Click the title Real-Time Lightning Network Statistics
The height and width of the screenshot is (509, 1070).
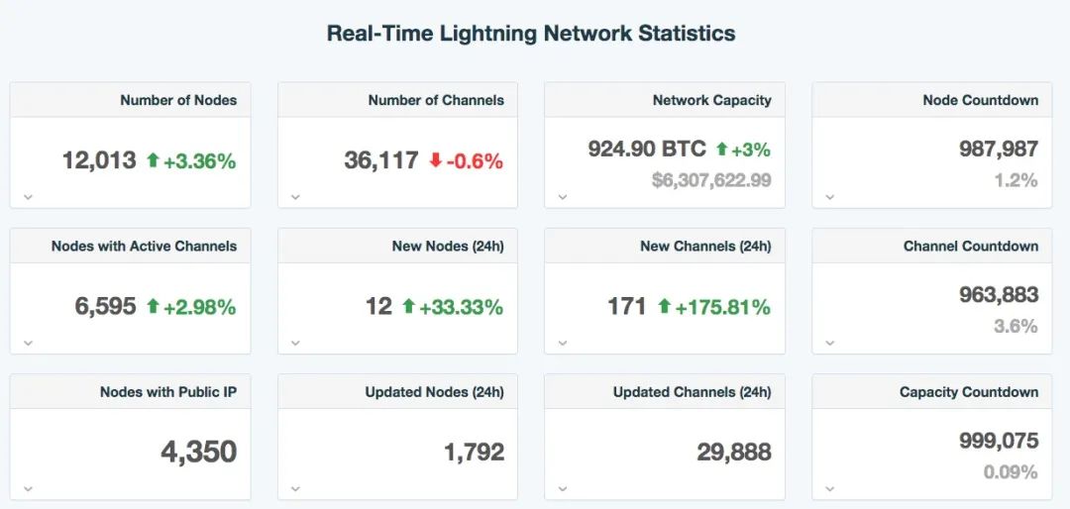(x=531, y=33)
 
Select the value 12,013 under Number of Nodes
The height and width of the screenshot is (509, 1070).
(x=99, y=160)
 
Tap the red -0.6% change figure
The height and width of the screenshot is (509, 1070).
(x=475, y=160)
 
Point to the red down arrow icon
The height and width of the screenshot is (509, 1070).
(x=435, y=160)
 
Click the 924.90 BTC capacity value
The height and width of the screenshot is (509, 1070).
(x=647, y=150)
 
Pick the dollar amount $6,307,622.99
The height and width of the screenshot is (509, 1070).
(x=711, y=180)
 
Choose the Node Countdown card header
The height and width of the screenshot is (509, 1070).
(x=980, y=100)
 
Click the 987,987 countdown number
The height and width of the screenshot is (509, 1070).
(x=998, y=150)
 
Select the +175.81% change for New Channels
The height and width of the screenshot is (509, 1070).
(x=722, y=307)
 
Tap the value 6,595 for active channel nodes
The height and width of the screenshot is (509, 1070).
(x=105, y=307)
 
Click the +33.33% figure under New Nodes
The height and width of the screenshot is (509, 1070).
(x=461, y=307)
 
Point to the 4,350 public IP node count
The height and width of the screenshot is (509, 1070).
(x=198, y=453)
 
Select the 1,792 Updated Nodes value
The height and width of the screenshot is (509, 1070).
(x=474, y=453)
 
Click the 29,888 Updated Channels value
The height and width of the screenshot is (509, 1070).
(x=733, y=453)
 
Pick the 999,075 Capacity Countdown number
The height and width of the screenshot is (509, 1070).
(x=998, y=441)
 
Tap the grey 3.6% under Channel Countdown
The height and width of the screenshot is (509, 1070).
(x=1016, y=326)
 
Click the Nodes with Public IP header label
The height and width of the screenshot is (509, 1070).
(x=167, y=392)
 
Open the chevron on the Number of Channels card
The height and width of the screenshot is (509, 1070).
(x=295, y=197)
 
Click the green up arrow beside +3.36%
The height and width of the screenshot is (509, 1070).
(x=153, y=160)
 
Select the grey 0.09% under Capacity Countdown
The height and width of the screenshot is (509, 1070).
(x=1011, y=472)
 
